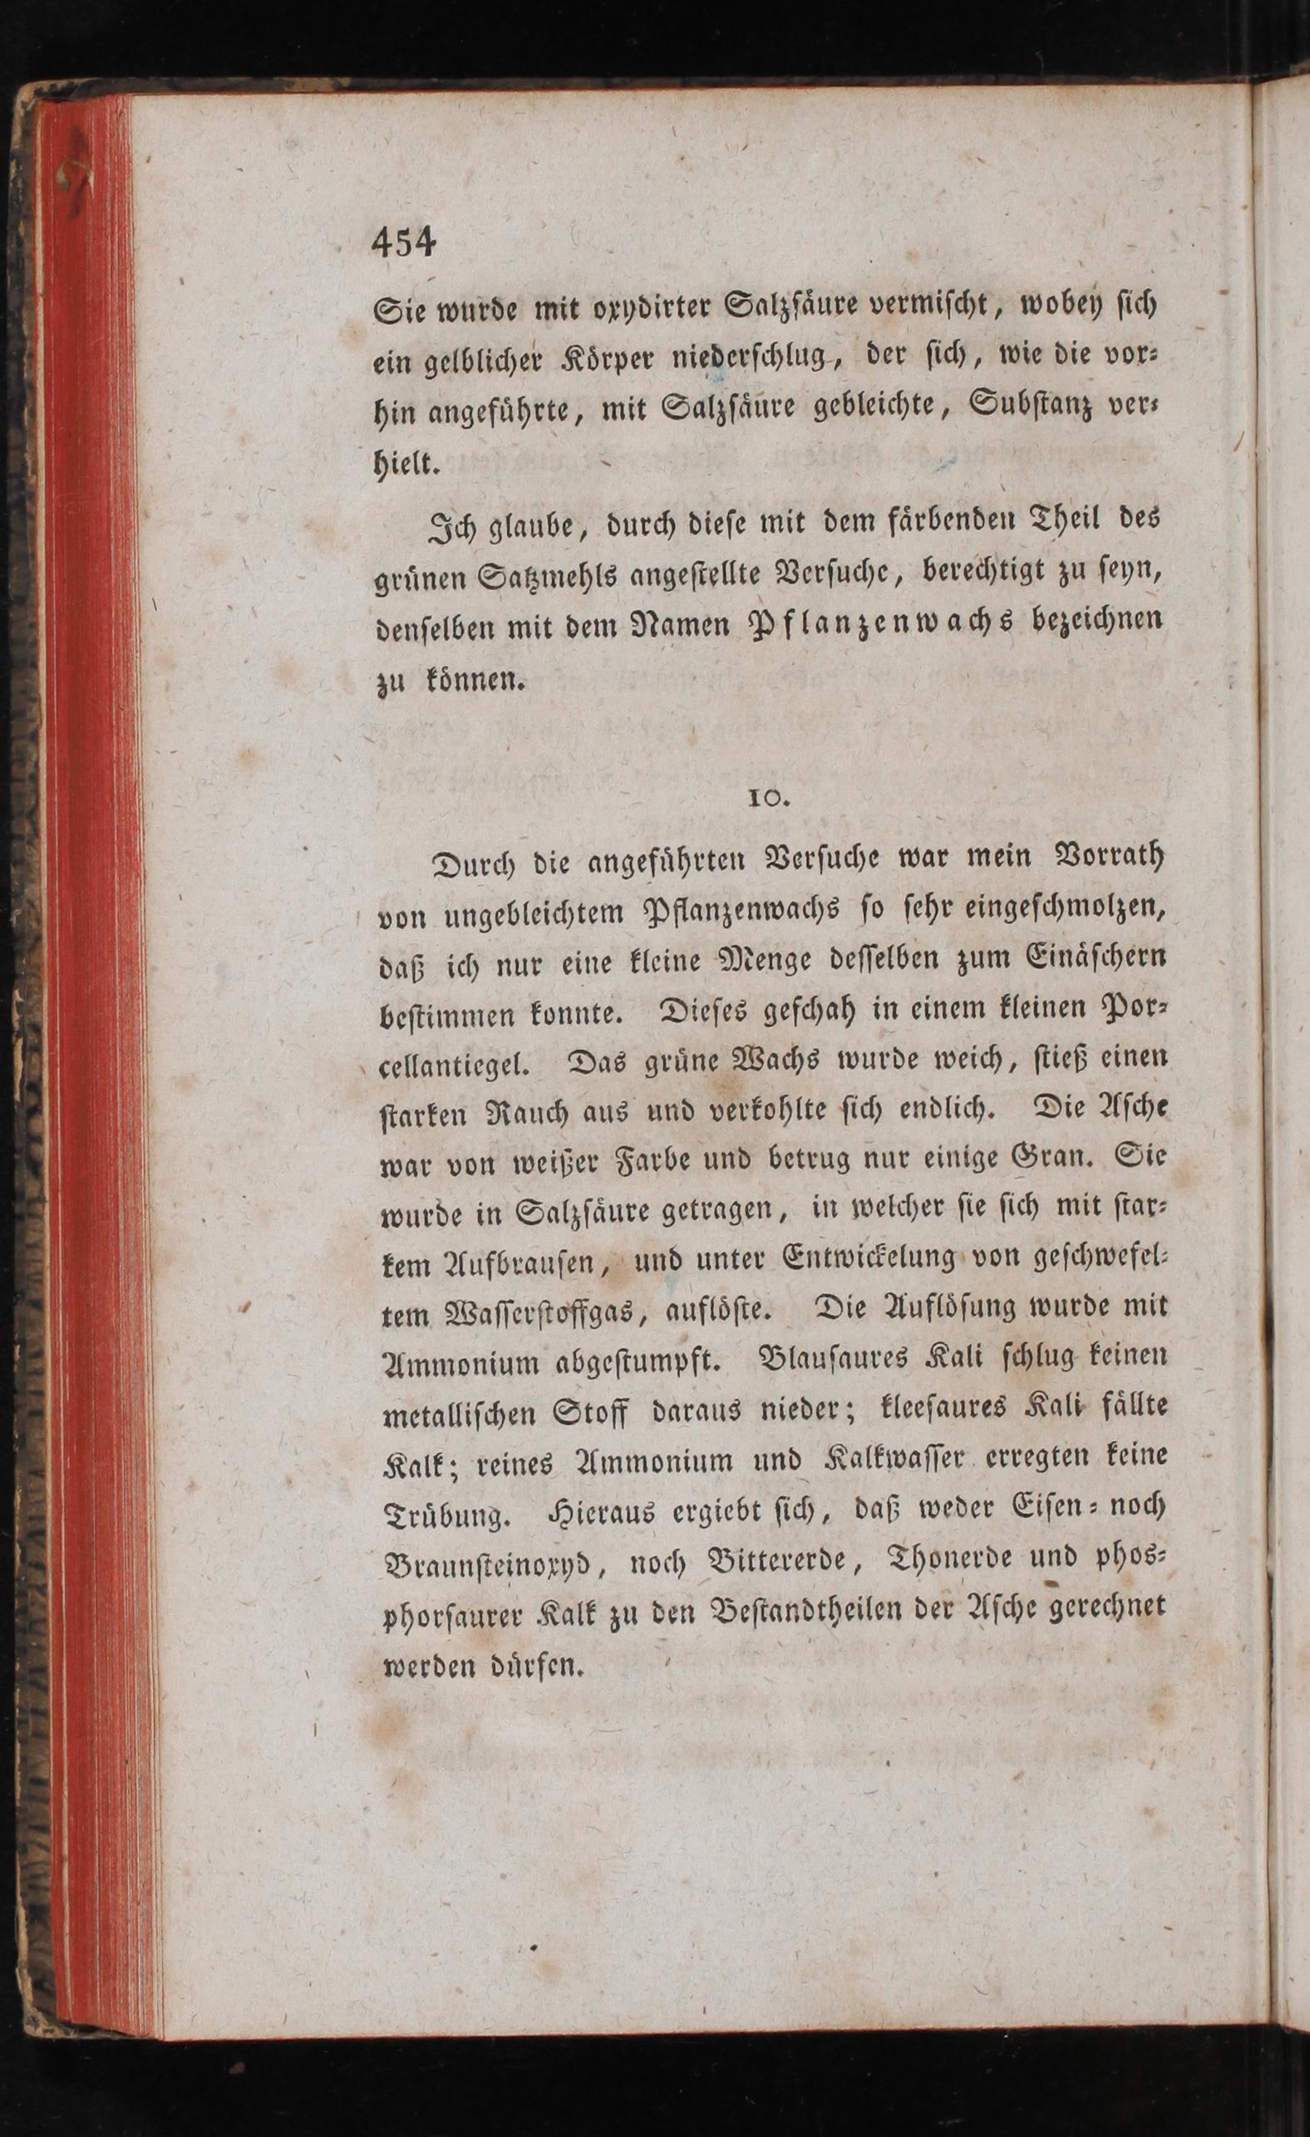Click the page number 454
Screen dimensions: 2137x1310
click(404, 243)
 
